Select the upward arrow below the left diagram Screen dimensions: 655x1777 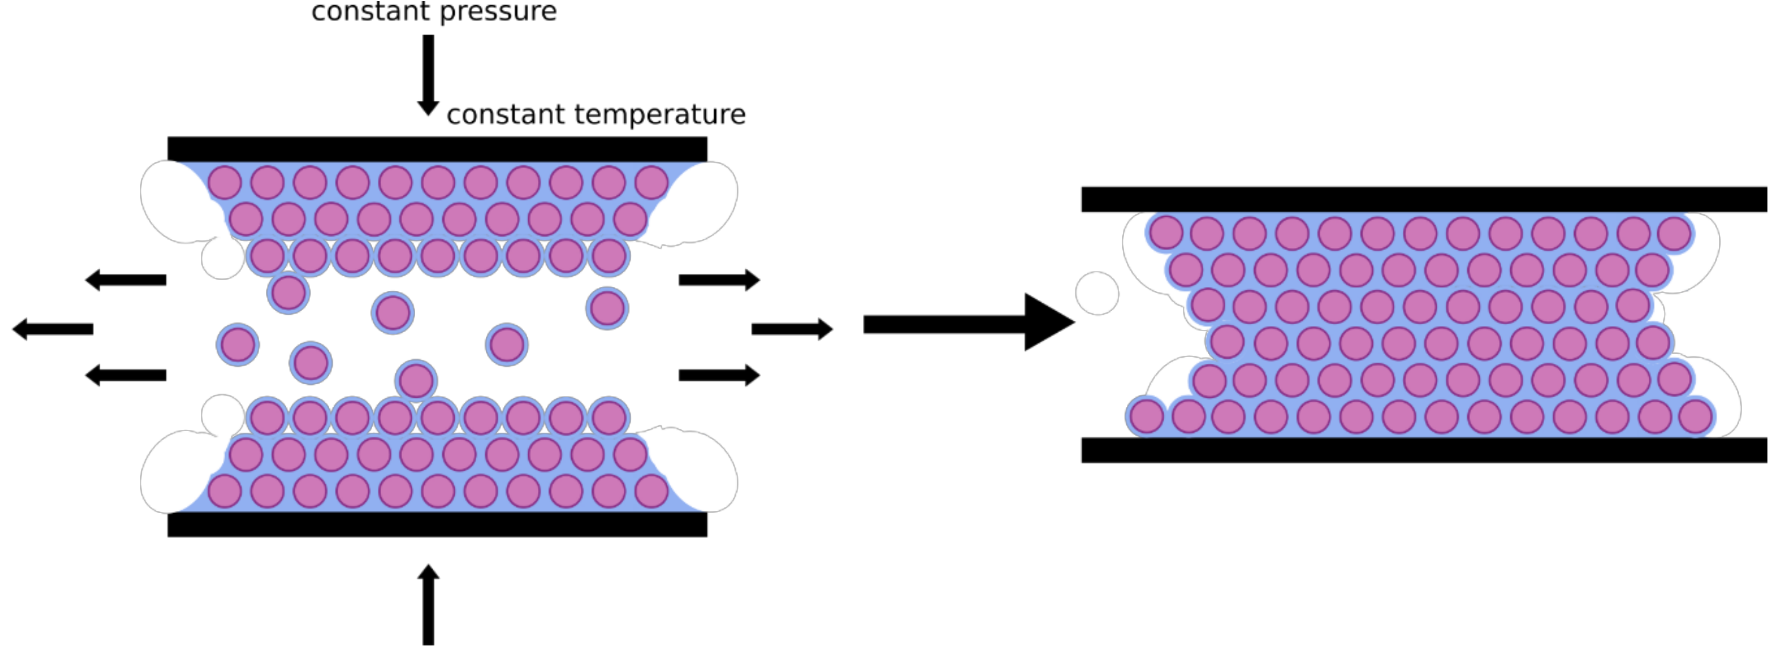429,604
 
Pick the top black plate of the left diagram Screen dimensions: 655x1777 438,148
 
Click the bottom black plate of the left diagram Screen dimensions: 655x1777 438,525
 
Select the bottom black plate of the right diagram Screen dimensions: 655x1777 1424,450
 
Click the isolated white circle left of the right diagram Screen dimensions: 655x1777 1097,293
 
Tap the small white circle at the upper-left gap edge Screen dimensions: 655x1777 222,257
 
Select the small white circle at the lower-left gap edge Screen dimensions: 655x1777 222,415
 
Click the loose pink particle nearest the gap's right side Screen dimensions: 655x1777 607,308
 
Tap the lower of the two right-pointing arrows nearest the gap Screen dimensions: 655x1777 719,375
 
